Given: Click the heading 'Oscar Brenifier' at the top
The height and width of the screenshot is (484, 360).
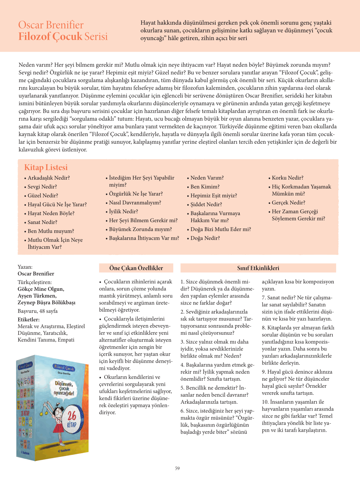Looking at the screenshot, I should [x=51, y=25].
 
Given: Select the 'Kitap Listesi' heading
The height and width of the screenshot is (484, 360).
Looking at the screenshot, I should [x=46, y=168].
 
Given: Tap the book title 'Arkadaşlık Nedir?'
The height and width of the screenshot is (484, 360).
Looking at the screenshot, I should [x=48, y=178].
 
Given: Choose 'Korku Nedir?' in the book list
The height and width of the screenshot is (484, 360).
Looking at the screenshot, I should [x=287, y=178].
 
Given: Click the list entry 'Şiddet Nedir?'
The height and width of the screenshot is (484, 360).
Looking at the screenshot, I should [x=206, y=204].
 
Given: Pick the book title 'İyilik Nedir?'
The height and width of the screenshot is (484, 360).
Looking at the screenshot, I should [x=124, y=212].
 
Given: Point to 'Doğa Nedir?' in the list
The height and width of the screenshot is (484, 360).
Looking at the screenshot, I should [x=205, y=238].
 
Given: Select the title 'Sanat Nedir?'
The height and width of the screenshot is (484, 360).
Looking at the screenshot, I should [x=42, y=222].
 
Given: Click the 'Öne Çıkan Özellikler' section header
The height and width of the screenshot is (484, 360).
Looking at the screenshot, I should [x=136, y=268].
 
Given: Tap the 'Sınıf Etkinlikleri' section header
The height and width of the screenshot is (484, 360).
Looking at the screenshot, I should [x=258, y=268].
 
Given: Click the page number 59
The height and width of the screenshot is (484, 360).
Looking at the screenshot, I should [x=177, y=468].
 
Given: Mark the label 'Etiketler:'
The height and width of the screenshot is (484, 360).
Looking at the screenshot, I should [x=29, y=319].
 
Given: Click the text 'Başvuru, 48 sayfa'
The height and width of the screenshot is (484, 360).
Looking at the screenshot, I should [x=38, y=311].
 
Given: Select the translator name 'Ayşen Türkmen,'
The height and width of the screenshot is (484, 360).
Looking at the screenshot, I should [x=37, y=296].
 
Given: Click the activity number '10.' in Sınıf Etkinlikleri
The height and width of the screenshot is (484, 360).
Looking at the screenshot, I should [x=265, y=402].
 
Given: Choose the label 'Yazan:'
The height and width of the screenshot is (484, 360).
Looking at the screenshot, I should [x=25, y=267].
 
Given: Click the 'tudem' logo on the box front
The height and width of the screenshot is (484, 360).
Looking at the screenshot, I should [x=64, y=450].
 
